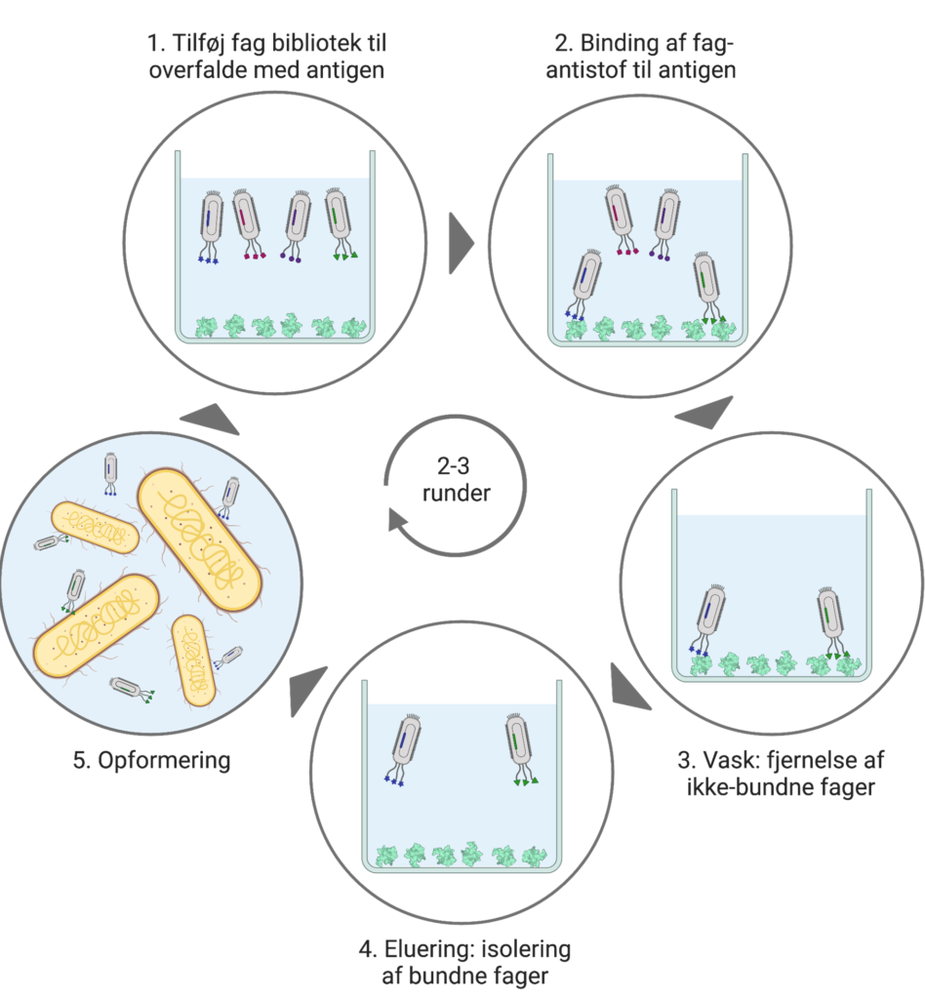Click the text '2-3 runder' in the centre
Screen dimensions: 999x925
click(x=456, y=481)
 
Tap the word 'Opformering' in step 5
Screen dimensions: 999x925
click(x=164, y=761)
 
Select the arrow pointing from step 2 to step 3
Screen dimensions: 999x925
click(x=705, y=413)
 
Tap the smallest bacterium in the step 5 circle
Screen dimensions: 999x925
click(x=193, y=660)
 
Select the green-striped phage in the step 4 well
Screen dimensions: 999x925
click(x=519, y=747)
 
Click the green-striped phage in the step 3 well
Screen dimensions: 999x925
click(x=830, y=619)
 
